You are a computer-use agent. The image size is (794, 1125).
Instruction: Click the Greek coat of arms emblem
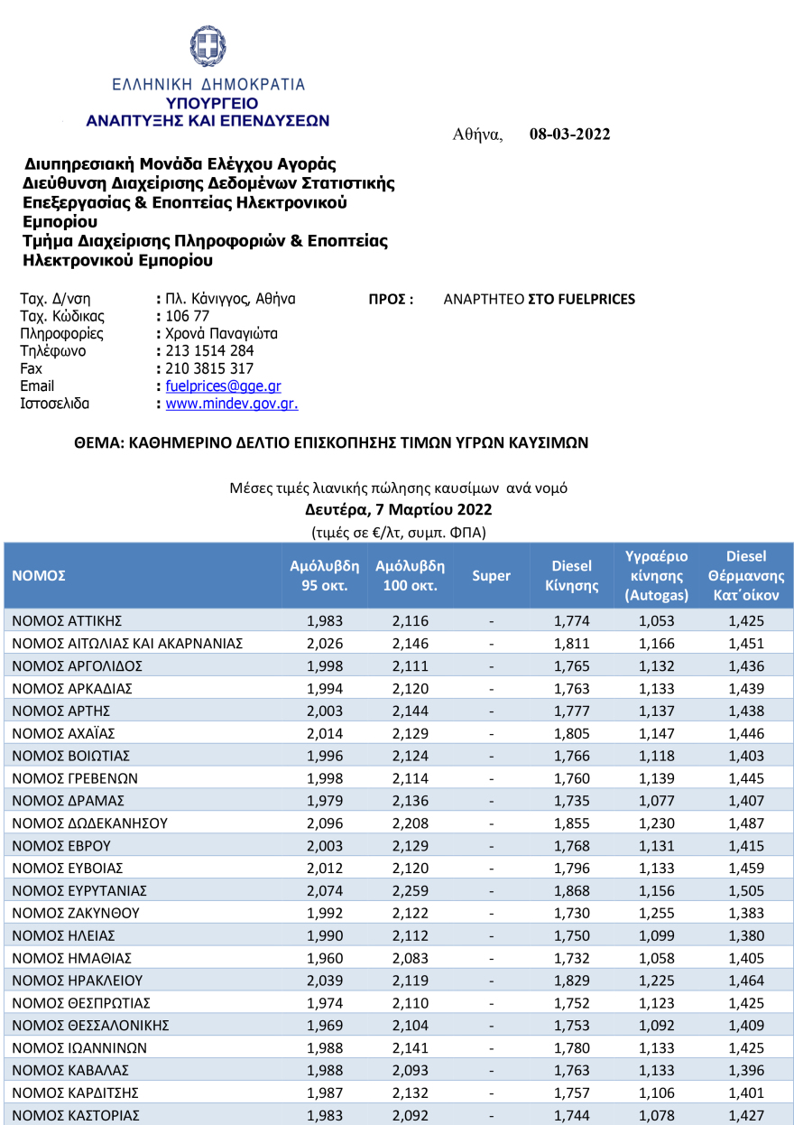pos(208,45)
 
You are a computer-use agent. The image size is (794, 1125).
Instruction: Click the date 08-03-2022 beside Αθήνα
pos(569,135)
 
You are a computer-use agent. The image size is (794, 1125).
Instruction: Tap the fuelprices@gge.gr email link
pos(224,386)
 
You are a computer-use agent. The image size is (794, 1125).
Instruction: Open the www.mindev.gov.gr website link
pos(232,404)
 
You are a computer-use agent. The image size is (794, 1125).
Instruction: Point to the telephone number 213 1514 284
pos(209,351)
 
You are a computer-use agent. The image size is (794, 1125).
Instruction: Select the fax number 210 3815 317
pos(209,368)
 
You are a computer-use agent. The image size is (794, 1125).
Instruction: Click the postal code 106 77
pos(188,316)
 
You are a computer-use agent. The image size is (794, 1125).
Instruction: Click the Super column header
pos(491,576)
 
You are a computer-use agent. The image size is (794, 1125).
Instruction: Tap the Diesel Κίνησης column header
pos(571,576)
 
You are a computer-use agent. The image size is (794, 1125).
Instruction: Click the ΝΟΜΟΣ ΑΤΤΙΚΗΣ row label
pos(68,621)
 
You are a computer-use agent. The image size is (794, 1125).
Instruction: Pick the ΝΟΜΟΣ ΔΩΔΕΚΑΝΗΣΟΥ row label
pos(90,823)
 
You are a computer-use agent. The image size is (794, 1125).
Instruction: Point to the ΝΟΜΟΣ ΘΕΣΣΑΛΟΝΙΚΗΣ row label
pos(92,1026)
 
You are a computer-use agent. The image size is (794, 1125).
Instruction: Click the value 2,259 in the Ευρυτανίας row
pos(411,891)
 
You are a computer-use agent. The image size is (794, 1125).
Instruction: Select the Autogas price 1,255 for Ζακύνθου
pos(656,914)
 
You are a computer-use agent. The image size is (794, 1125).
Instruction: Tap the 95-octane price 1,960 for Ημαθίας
pos(325,958)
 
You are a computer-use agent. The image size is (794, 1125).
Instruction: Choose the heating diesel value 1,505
pos(746,891)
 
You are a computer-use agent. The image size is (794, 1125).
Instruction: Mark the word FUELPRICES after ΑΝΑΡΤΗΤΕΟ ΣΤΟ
pos(596,299)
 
